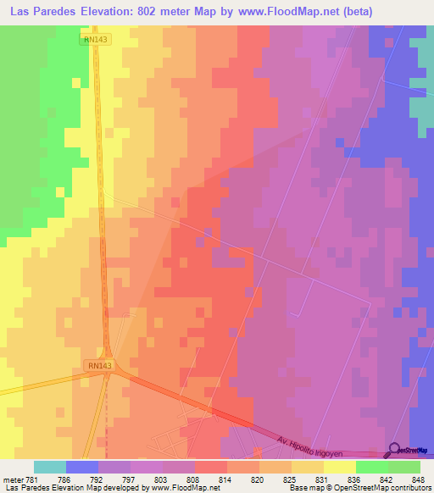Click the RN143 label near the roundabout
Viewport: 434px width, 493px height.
[98, 365]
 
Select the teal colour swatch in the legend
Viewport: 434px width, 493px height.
[50, 467]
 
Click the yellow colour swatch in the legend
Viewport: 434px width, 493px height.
[339, 467]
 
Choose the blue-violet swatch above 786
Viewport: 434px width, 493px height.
[82, 467]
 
